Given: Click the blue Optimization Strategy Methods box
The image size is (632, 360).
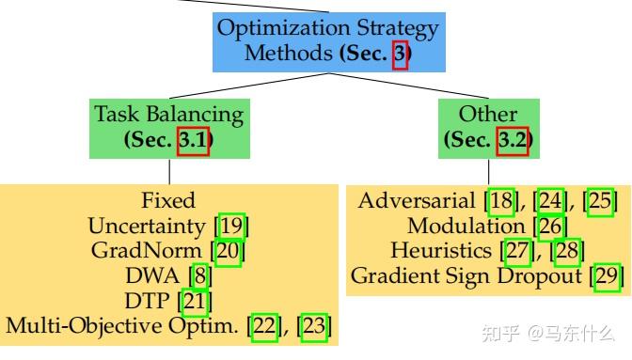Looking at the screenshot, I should tap(327, 40).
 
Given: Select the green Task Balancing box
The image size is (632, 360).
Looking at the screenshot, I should tap(168, 128).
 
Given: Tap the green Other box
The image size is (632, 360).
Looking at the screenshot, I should tap(487, 128).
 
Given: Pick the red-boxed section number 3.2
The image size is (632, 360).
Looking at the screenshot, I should tap(513, 142).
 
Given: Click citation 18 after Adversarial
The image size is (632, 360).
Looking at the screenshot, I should tap(502, 201).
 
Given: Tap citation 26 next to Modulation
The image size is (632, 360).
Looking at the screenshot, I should tap(550, 227).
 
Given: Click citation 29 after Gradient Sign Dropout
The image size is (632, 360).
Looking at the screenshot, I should tap(608, 277).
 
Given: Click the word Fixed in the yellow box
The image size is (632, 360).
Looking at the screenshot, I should tap(168, 200).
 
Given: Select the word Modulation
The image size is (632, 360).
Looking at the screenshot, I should tap(466, 227).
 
